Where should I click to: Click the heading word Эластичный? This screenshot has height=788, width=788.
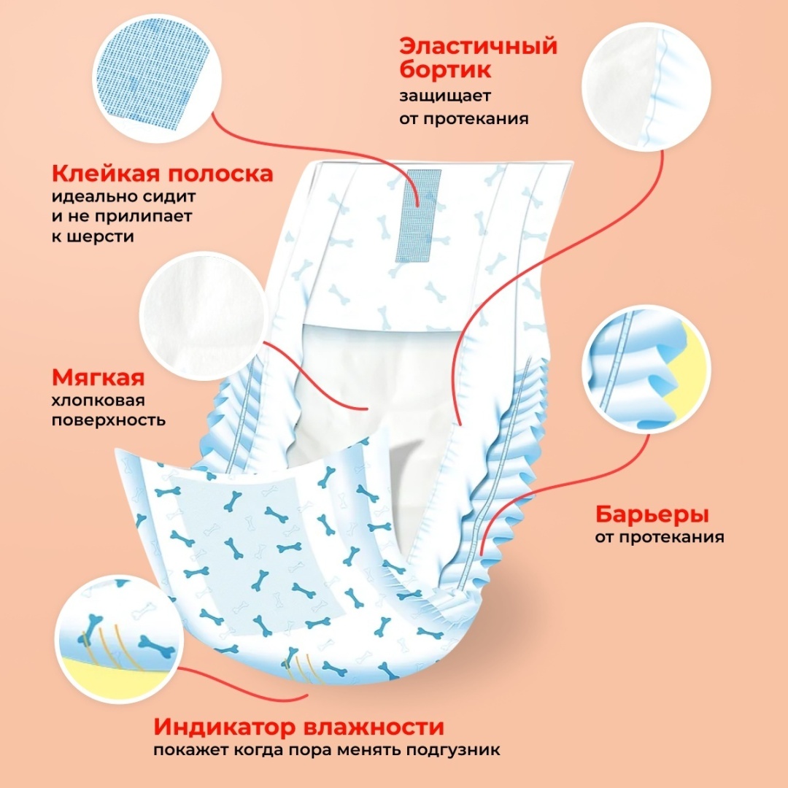point(478,47)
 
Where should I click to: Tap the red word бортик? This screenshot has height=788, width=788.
point(445,69)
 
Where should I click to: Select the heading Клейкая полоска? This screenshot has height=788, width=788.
point(162,174)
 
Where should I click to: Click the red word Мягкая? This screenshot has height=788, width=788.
point(98,378)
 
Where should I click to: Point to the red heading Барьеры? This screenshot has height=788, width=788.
point(652,514)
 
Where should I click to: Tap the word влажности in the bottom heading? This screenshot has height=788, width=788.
point(374,727)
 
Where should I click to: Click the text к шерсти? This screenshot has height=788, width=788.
point(93,236)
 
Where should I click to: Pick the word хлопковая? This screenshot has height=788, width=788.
point(91,401)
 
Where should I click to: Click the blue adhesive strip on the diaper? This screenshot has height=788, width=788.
point(418,215)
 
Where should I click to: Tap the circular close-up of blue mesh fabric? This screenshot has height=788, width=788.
point(157,78)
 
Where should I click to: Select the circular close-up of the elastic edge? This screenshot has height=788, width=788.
point(646,86)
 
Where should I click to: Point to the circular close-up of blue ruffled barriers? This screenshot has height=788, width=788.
point(646,369)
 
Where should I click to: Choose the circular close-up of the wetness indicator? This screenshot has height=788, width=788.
point(119,639)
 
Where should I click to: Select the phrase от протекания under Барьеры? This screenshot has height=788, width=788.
point(660,537)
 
